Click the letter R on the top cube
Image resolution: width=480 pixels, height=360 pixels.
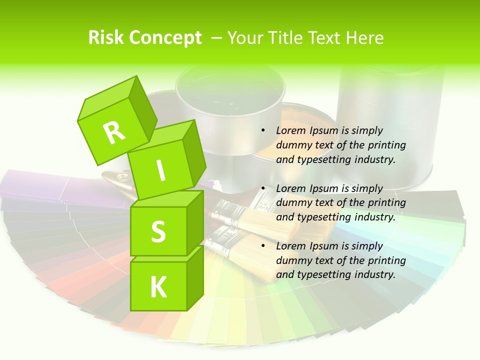[x=114, y=132]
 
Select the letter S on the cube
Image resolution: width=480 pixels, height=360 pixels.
[x=158, y=232]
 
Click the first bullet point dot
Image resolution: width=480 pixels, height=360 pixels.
[x=263, y=130]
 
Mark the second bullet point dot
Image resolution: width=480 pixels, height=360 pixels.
[x=263, y=188]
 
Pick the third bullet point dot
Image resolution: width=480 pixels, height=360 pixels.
[x=263, y=246]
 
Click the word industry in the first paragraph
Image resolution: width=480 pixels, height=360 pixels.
[x=373, y=159]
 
